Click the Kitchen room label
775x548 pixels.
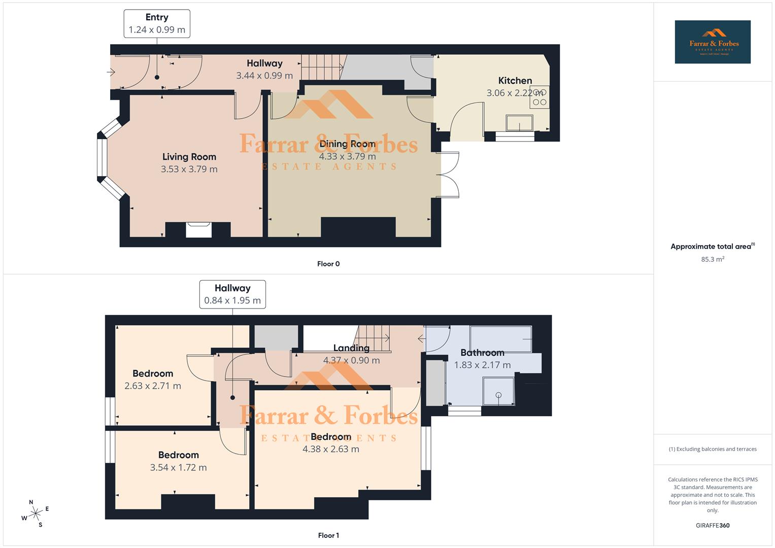(x=515, y=81)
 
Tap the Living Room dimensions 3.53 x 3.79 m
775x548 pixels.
(x=189, y=169)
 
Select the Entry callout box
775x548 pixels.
(x=157, y=23)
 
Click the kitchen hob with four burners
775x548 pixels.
(x=539, y=97)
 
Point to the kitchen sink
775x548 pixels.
(x=519, y=123)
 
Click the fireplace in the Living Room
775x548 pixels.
(x=198, y=229)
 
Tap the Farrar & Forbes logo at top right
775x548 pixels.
(x=712, y=42)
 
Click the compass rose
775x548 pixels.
(x=35, y=513)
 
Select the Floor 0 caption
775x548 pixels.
(x=328, y=264)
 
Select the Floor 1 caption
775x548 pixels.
(x=328, y=535)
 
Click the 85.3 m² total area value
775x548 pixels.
(x=712, y=259)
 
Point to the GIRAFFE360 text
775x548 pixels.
(x=712, y=526)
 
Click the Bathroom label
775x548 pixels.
(x=482, y=353)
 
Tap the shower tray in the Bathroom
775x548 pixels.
(x=498, y=391)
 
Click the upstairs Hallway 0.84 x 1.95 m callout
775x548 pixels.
(x=232, y=294)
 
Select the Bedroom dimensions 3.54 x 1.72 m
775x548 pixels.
(x=178, y=468)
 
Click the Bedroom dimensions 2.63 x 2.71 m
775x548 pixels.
(x=152, y=386)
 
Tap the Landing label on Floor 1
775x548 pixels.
(x=351, y=348)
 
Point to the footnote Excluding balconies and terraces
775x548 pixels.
(x=712, y=449)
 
